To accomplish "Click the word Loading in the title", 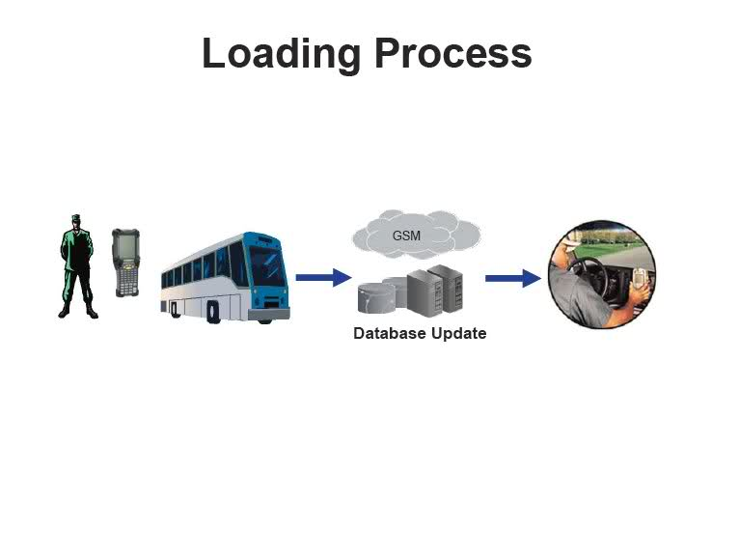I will (x=281, y=53).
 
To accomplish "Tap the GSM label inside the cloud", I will (x=406, y=236).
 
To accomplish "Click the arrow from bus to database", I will (x=322, y=278).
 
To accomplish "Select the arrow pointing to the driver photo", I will (x=512, y=278).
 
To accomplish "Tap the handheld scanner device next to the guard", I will (x=125, y=262).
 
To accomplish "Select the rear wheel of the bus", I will (x=175, y=310).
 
